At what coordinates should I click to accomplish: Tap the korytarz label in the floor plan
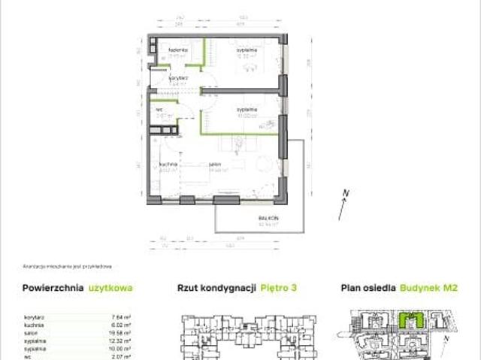tap(178, 77)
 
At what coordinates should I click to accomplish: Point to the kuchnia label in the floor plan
tap(168, 164)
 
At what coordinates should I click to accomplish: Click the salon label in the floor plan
tap(214, 164)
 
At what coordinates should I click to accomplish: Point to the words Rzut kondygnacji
tap(216, 287)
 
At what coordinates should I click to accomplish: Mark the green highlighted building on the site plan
tap(408, 322)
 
